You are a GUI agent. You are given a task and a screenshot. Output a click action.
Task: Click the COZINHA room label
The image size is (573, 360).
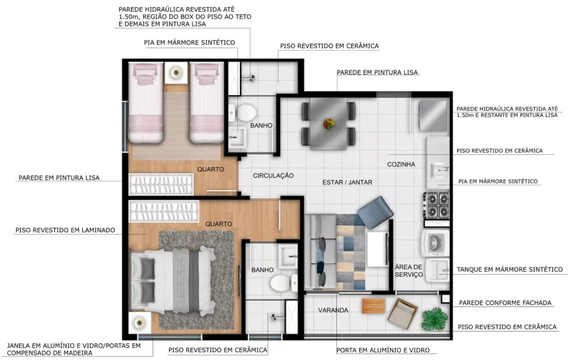pos(401,164)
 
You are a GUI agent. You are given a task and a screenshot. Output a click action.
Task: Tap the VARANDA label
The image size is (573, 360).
pos(333,310)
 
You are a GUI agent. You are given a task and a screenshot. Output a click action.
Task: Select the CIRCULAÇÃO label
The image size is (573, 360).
pos(273,176)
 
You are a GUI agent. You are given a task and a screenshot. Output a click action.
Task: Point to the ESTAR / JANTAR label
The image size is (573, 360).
pos(347,182)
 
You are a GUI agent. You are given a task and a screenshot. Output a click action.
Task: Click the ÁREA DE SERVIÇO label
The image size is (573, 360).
pos(408,271)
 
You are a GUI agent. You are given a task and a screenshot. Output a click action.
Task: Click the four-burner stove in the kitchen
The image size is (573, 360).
pos(436,205)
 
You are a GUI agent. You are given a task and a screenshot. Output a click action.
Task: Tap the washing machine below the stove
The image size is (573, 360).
pos(435,243)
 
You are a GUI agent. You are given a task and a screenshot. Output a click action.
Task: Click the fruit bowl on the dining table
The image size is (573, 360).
pos(329,124)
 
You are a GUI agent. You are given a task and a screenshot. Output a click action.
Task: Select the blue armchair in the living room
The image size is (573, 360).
pos(375,212)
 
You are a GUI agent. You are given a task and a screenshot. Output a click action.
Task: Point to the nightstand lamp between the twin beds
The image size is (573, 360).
pos(176,72)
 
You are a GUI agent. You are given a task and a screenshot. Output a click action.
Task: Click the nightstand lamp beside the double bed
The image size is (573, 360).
pos(139,323)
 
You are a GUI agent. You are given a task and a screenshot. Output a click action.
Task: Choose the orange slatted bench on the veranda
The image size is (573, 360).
pos(373,306)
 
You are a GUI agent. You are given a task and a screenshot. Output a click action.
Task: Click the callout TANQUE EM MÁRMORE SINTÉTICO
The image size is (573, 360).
pos(509,269)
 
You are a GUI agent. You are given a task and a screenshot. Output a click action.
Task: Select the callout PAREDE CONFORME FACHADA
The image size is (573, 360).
pos(505,302)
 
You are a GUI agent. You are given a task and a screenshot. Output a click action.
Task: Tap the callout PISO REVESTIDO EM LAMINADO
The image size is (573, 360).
pos(65,230)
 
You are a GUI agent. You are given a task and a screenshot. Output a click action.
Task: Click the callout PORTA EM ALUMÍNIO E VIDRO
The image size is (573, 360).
pos(383,350)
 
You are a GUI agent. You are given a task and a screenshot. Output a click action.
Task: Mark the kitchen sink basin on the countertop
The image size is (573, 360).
pos(439,170)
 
